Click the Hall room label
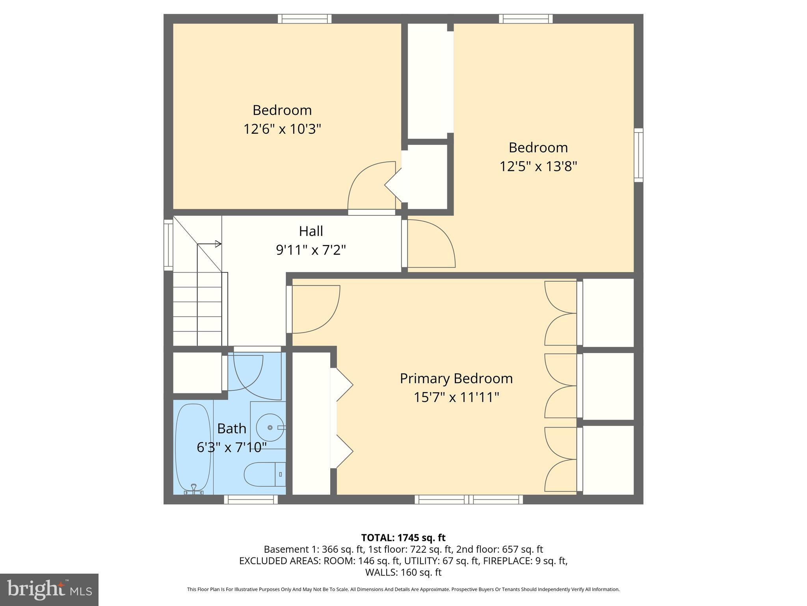click(x=311, y=231)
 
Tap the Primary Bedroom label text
click(x=456, y=378)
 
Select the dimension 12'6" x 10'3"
click(x=282, y=129)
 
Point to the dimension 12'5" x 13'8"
click(x=538, y=166)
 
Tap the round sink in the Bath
click(x=270, y=427)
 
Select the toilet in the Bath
click(x=262, y=474)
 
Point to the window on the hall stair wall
click(x=168, y=245)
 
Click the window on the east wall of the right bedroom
click(x=638, y=155)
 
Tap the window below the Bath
click(x=251, y=499)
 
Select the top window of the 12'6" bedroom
click(x=305, y=19)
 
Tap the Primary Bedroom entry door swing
click(x=315, y=309)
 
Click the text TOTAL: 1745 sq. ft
click(x=403, y=537)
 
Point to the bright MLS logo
click(x=49, y=589)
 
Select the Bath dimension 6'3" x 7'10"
click(x=232, y=447)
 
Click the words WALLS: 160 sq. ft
click(x=403, y=572)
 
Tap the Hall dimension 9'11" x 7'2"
click(x=311, y=250)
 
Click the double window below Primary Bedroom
click(x=469, y=499)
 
